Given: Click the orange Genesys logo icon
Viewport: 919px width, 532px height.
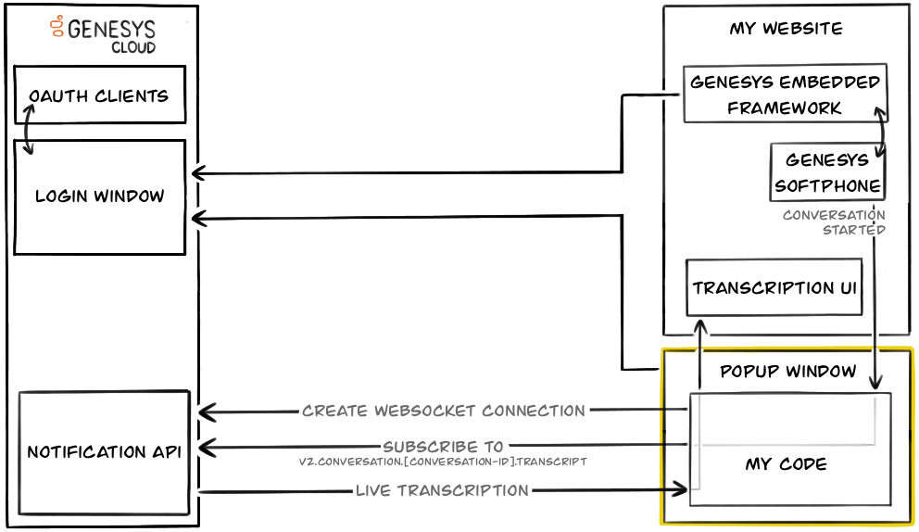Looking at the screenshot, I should pos(57,27).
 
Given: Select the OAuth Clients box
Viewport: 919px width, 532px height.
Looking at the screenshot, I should pos(99,95).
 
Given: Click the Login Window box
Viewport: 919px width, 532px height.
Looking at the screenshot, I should pos(99,196).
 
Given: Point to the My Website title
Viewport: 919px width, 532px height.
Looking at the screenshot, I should pos(786,28).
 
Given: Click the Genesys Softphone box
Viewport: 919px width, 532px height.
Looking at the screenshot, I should pos(826,172).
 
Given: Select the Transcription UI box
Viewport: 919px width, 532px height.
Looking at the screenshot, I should pos(775,287).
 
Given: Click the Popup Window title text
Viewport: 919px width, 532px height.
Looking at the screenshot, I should pos(787,371).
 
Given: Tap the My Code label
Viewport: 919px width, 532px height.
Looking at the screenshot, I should pos(786,463).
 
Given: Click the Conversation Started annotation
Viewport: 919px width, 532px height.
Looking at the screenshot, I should pos(834,222).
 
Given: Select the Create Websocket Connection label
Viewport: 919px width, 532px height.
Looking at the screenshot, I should pos(444,411).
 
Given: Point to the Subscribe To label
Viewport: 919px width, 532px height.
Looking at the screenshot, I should pos(444,447).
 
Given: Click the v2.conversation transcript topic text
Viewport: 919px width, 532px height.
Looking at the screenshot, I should pos(443,461).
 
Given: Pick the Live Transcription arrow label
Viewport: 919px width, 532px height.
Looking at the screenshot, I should pos(442,490).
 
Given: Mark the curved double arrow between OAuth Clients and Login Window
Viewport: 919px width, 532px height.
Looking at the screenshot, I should pos(29,131).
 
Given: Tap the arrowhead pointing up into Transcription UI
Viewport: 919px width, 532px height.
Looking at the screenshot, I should pos(701,327).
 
